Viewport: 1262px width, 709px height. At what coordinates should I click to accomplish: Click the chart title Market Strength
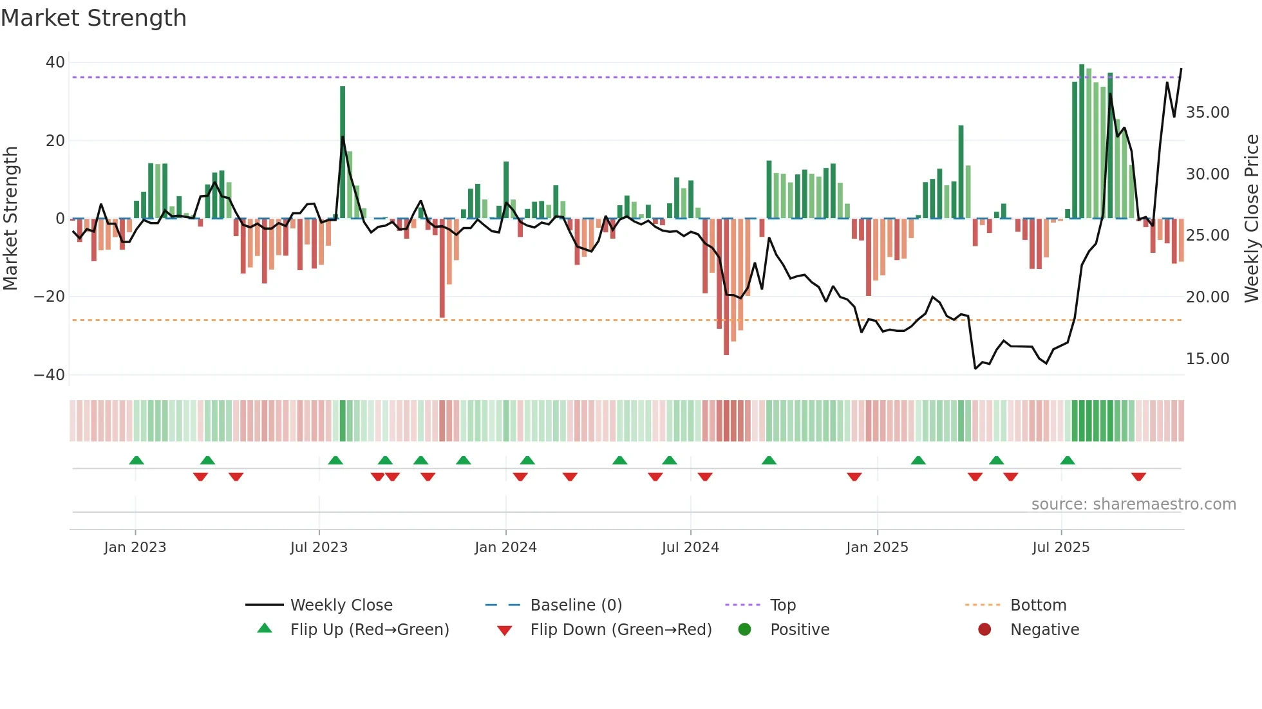pyautogui.click(x=93, y=18)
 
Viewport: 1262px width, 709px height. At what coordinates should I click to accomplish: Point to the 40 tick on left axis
pyautogui.click(x=55, y=62)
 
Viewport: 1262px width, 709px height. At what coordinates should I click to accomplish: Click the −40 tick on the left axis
pyautogui.click(x=50, y=374)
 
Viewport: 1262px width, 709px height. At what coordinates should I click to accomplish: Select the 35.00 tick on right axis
pyautogui.click(x=1207, y=113)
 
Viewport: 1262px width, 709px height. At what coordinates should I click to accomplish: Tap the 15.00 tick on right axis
pyautogui.click(x=1207, y=358)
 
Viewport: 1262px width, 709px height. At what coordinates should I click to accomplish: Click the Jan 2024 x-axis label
pyautogui.click(x=505, y=548)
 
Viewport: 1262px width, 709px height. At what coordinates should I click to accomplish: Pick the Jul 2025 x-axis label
pyautogui.click(x=1060, y=548)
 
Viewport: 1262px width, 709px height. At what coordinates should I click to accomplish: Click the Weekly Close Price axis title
pyautogui.click(x=1251, y=219)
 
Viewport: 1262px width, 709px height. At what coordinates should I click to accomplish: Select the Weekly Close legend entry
pyautogui.click(x=341, y=605)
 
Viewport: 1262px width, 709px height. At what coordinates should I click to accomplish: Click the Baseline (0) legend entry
pyautogui.click(x=576, y=605)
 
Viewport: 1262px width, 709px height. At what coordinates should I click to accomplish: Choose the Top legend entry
pyautogui.click(x=783, y=605)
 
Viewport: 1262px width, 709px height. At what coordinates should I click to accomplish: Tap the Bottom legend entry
pyautogui.click(x=1038, y=605)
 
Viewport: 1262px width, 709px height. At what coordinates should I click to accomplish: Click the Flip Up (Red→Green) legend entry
pyautogui.click(x=370, y=630)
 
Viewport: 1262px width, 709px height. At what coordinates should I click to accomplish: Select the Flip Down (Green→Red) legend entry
pyautogui.click(x=621, y=630)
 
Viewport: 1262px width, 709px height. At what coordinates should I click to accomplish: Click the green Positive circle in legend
pyautogui.click(x=745, y=630)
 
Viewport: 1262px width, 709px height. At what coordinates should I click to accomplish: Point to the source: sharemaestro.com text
pyautogui.click(x=1133, y=504)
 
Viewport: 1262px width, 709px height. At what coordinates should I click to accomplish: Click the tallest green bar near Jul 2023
pyautogui.click(x=343, y=152)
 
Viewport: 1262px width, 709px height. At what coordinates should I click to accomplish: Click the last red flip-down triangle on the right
pyautogui.click(x=1138, y=477)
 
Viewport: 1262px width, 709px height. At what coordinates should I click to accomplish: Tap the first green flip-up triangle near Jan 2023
pyautogui.click(x=137, y=460)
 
